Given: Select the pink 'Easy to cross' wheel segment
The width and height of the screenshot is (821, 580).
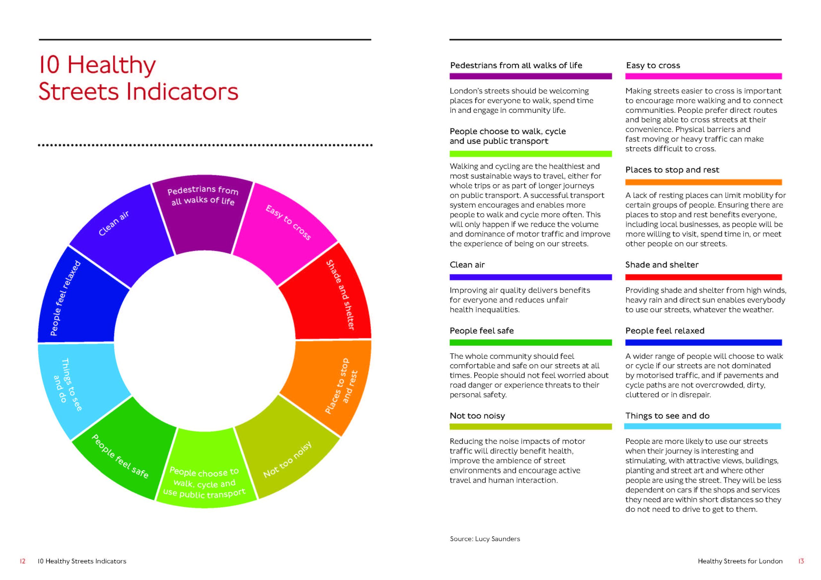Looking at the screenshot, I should [x=286, y=229].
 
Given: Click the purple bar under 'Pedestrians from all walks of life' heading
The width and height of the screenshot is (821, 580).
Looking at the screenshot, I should [x=530, y=76].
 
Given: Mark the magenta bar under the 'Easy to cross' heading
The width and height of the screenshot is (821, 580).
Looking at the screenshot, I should [x=703, y=76].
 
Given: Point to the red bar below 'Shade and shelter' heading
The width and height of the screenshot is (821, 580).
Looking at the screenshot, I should [x=703, y=277].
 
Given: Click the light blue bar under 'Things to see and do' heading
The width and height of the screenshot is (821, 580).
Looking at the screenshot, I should [x=703, y=426].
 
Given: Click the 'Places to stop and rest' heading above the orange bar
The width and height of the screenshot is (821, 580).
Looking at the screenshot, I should [x=672, y=170].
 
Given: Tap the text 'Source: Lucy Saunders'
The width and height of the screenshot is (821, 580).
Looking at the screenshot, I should [x=485, y=539].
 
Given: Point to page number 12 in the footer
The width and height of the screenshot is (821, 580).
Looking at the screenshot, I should [x=22, y=561].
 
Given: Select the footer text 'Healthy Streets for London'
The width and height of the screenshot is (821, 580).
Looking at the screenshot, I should [x=740, y=561].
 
